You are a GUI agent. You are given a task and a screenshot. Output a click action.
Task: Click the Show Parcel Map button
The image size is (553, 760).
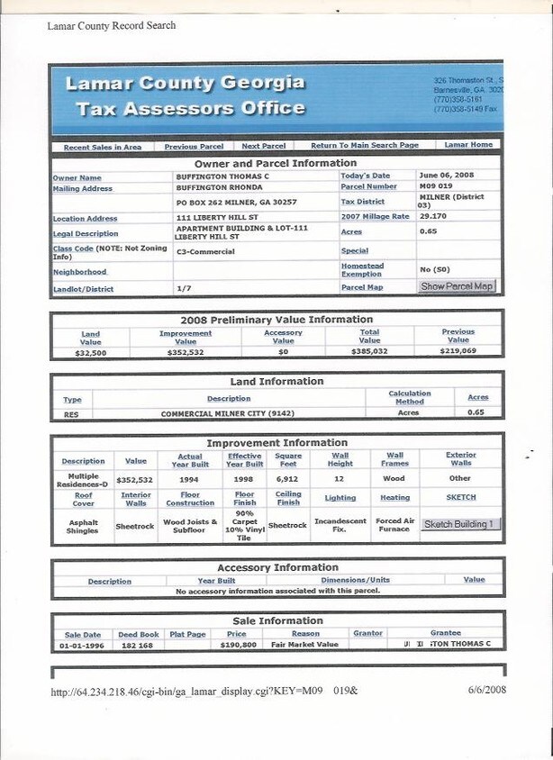(x=457, y=286)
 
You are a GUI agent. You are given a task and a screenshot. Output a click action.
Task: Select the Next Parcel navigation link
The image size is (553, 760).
(x=264, y=146)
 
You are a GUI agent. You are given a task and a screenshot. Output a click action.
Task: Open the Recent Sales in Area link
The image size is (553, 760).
(x=103, y=147)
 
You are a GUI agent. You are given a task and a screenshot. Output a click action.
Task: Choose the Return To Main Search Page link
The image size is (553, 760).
(x=365, y=146)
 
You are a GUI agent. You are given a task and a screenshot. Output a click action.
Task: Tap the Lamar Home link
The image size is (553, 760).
(x=468, y=145)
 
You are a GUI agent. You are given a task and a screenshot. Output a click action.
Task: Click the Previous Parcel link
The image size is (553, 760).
(x=194, y=146)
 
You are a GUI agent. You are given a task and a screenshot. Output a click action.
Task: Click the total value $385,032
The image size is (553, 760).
(x=369, y=352)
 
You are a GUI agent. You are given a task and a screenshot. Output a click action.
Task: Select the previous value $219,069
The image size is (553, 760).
(x=458, y=352)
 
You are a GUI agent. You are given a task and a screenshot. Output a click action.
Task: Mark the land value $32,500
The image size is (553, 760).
(x=90, y=353)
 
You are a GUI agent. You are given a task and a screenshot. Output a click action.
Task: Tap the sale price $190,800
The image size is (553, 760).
(x=239, y=644)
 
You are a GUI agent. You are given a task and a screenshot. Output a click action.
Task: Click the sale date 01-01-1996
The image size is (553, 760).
(x=80, y=644)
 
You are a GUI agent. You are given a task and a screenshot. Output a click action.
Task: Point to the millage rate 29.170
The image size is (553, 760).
(x=434, y=217)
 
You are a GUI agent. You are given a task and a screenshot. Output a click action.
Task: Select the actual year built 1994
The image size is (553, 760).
(x=189, y=479)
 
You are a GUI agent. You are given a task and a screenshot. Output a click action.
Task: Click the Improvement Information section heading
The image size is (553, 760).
(x=276, y=443)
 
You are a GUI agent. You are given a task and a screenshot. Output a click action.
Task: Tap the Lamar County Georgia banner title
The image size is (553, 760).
(x=185, y=84)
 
